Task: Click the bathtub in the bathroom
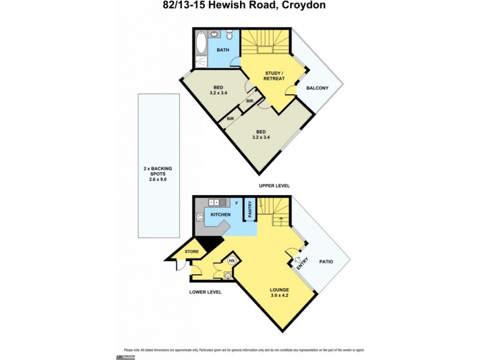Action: tap(201, 43)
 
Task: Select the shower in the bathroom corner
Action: tap(202, 61)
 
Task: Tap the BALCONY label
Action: tap(317, 88)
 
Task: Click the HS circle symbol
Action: tap(231, 261)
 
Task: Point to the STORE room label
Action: tap(192, 251)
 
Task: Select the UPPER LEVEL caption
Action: tap(274, 186)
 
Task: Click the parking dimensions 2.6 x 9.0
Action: tap(158, 179)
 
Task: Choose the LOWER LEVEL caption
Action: tap(205, 292)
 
